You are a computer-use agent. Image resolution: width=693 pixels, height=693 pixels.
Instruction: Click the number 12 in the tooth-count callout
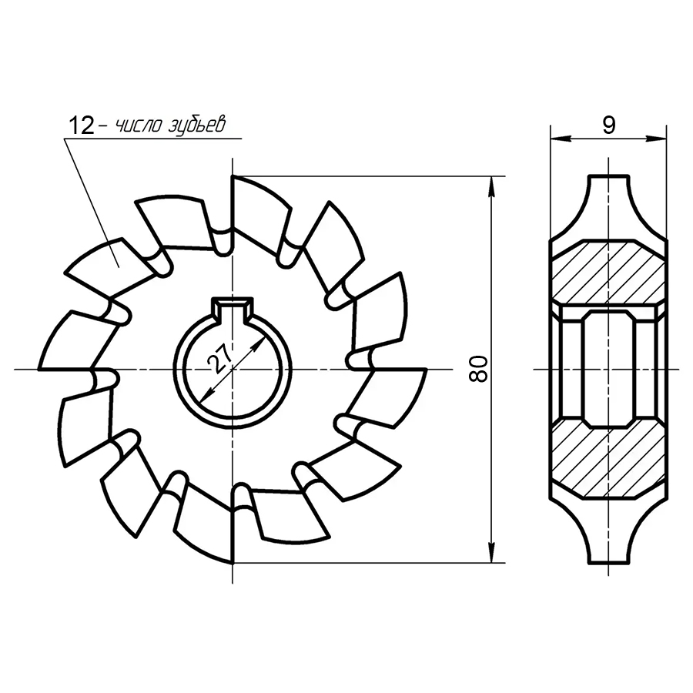(81, 126)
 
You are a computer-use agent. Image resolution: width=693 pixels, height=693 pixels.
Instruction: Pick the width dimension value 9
(608, 126)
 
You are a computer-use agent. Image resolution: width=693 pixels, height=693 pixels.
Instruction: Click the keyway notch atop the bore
(231, 308)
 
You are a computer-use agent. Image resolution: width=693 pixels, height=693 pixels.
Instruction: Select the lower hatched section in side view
(608, 462)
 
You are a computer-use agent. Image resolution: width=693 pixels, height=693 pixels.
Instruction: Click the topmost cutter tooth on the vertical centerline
(258, 212)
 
